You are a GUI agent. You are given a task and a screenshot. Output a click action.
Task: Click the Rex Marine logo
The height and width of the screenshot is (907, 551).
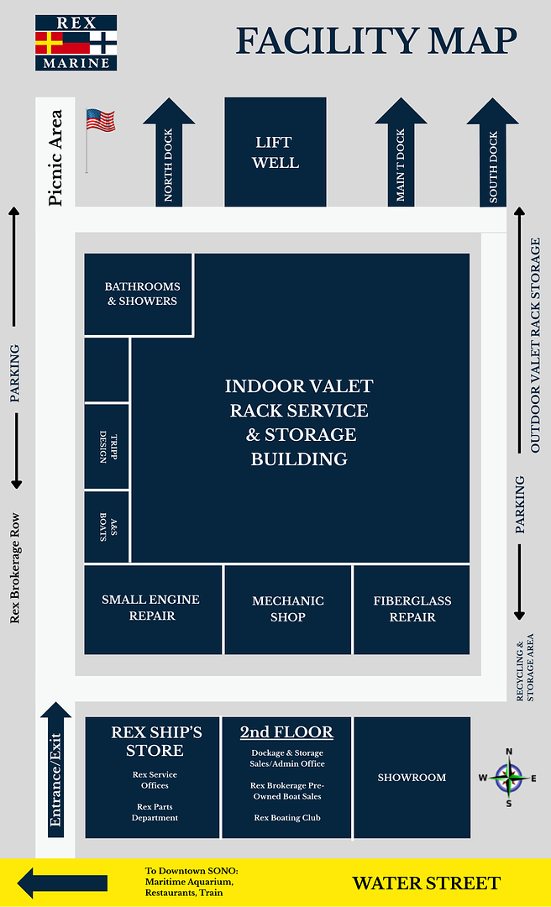click(76, 42)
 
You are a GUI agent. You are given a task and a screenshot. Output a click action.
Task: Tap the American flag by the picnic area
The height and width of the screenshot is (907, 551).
click(100, 121)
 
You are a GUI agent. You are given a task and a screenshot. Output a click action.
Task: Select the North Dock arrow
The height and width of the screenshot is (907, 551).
click(169, 155)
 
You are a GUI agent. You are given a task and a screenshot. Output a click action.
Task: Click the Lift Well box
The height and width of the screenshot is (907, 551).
click(275, 152)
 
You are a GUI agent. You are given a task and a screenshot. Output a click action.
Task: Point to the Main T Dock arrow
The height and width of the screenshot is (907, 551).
click(401, 155)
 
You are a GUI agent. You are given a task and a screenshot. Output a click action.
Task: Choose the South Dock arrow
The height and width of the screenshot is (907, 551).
click(493, 155)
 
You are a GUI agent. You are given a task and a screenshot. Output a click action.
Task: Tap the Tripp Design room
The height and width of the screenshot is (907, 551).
click(107, 446)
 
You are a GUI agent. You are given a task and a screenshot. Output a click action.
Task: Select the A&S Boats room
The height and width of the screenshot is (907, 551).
click(107, 527)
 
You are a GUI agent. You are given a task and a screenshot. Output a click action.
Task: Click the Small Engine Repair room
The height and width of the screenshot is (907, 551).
click(151, 608)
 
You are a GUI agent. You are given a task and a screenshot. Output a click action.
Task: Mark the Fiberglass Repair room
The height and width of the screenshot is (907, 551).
click(412, 609)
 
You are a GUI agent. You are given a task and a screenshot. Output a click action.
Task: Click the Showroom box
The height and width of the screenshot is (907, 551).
click(412, 778)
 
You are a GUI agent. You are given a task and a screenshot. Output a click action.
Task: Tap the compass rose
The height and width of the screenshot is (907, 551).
click(508, 778)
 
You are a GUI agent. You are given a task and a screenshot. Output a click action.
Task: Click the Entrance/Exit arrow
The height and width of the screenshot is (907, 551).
click(56, 768)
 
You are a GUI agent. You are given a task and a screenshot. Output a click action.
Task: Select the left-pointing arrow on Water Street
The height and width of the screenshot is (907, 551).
click(62, 883)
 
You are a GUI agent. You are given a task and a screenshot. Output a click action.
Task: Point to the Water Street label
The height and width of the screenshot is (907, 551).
click(426, 883)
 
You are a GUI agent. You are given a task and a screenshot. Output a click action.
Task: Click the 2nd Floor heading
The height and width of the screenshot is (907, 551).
click(286, 732)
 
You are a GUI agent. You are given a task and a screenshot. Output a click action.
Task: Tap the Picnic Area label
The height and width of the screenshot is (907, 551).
click(56, 157)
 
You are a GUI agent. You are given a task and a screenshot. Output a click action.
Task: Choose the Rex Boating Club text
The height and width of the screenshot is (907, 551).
click(286, 818)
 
